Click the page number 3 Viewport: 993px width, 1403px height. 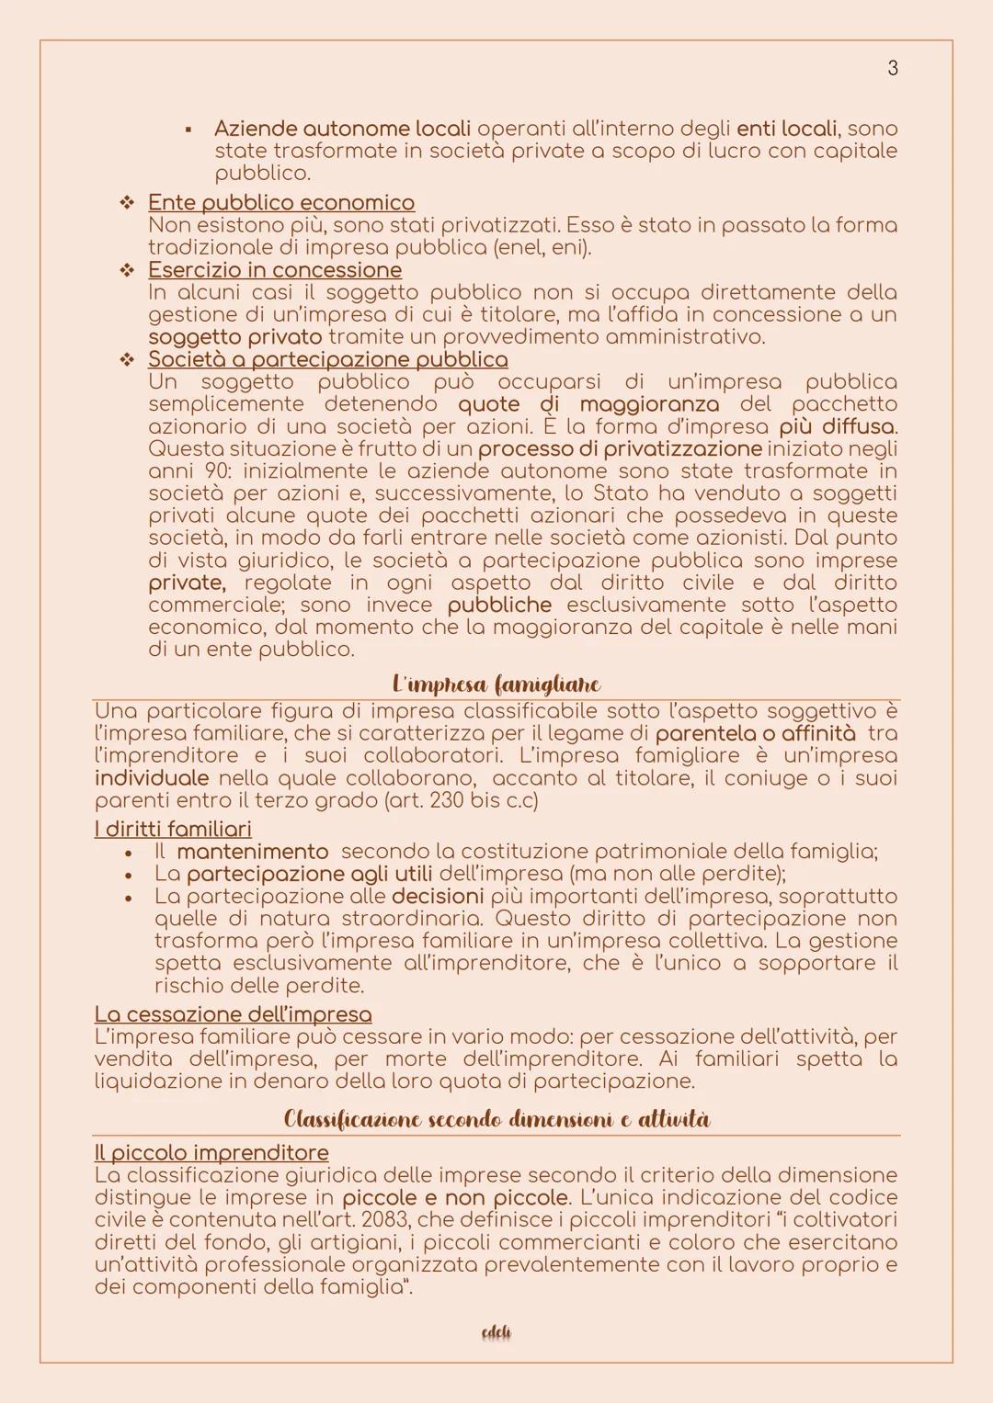[892, 68]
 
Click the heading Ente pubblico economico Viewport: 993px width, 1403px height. [280, 202]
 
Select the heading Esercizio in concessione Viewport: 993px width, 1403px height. [274, 269]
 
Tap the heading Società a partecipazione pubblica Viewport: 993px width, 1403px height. [327, 359]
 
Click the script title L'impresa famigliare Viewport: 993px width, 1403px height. [496, 685]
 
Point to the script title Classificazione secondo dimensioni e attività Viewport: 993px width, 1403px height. [496, 1119]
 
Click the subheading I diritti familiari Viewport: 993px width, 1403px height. [173, 829]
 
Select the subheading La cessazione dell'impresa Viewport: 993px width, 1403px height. [233, 1014]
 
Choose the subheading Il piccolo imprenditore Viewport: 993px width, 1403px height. [211, 1153]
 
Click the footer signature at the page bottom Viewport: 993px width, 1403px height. [496, 1332]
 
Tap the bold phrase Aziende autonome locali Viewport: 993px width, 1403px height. [342, 129]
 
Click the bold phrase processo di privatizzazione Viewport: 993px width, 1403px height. [619, 448]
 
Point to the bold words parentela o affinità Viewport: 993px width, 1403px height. [755, 733]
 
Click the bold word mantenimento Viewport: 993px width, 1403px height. [252, 852]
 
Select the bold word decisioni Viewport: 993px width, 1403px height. [437, 896]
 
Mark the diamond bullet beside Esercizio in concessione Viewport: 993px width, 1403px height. [127, 270]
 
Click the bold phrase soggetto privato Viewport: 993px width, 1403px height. [234, 337]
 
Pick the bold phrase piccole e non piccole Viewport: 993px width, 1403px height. [454, 1198]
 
